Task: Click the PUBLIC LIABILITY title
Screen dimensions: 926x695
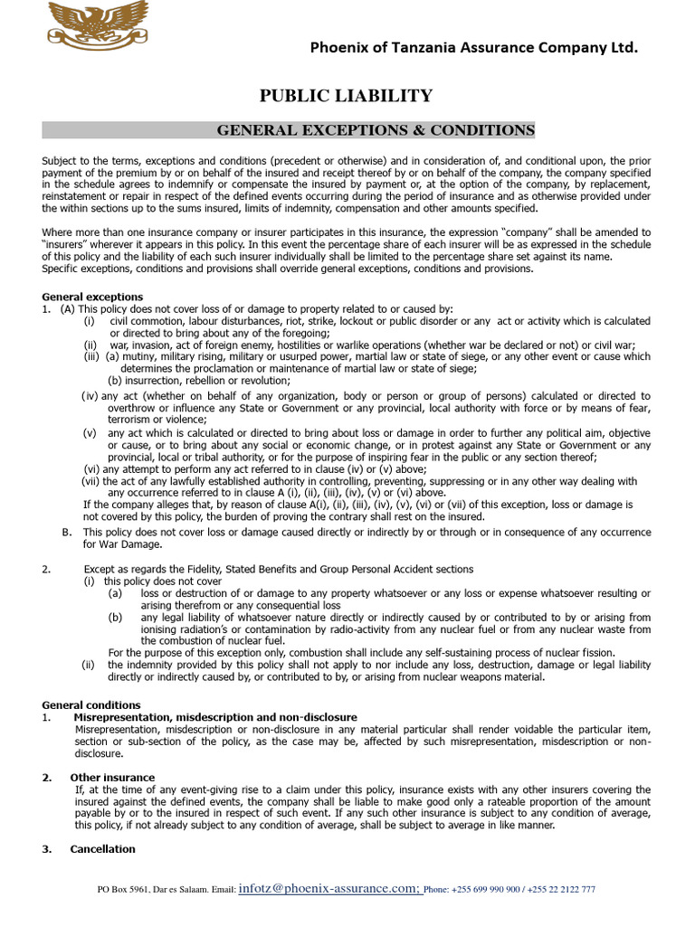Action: (347, 96)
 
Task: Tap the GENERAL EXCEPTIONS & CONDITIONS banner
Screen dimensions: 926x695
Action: (376, 130)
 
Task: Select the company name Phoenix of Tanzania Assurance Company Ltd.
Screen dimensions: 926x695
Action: (473, 48)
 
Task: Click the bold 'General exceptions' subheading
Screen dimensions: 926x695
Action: (92, 297)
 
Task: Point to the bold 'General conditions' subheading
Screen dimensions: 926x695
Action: (91, 704)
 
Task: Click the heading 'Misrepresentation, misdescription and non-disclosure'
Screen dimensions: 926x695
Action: (215, 717)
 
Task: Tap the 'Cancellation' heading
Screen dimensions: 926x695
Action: (102, 849)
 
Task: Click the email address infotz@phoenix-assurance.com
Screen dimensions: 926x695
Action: (328, 889)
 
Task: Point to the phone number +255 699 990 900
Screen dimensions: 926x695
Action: (485, 890)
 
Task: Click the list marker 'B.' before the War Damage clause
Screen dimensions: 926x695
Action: (67, 532)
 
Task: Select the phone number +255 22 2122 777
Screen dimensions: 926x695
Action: (564, 890)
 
